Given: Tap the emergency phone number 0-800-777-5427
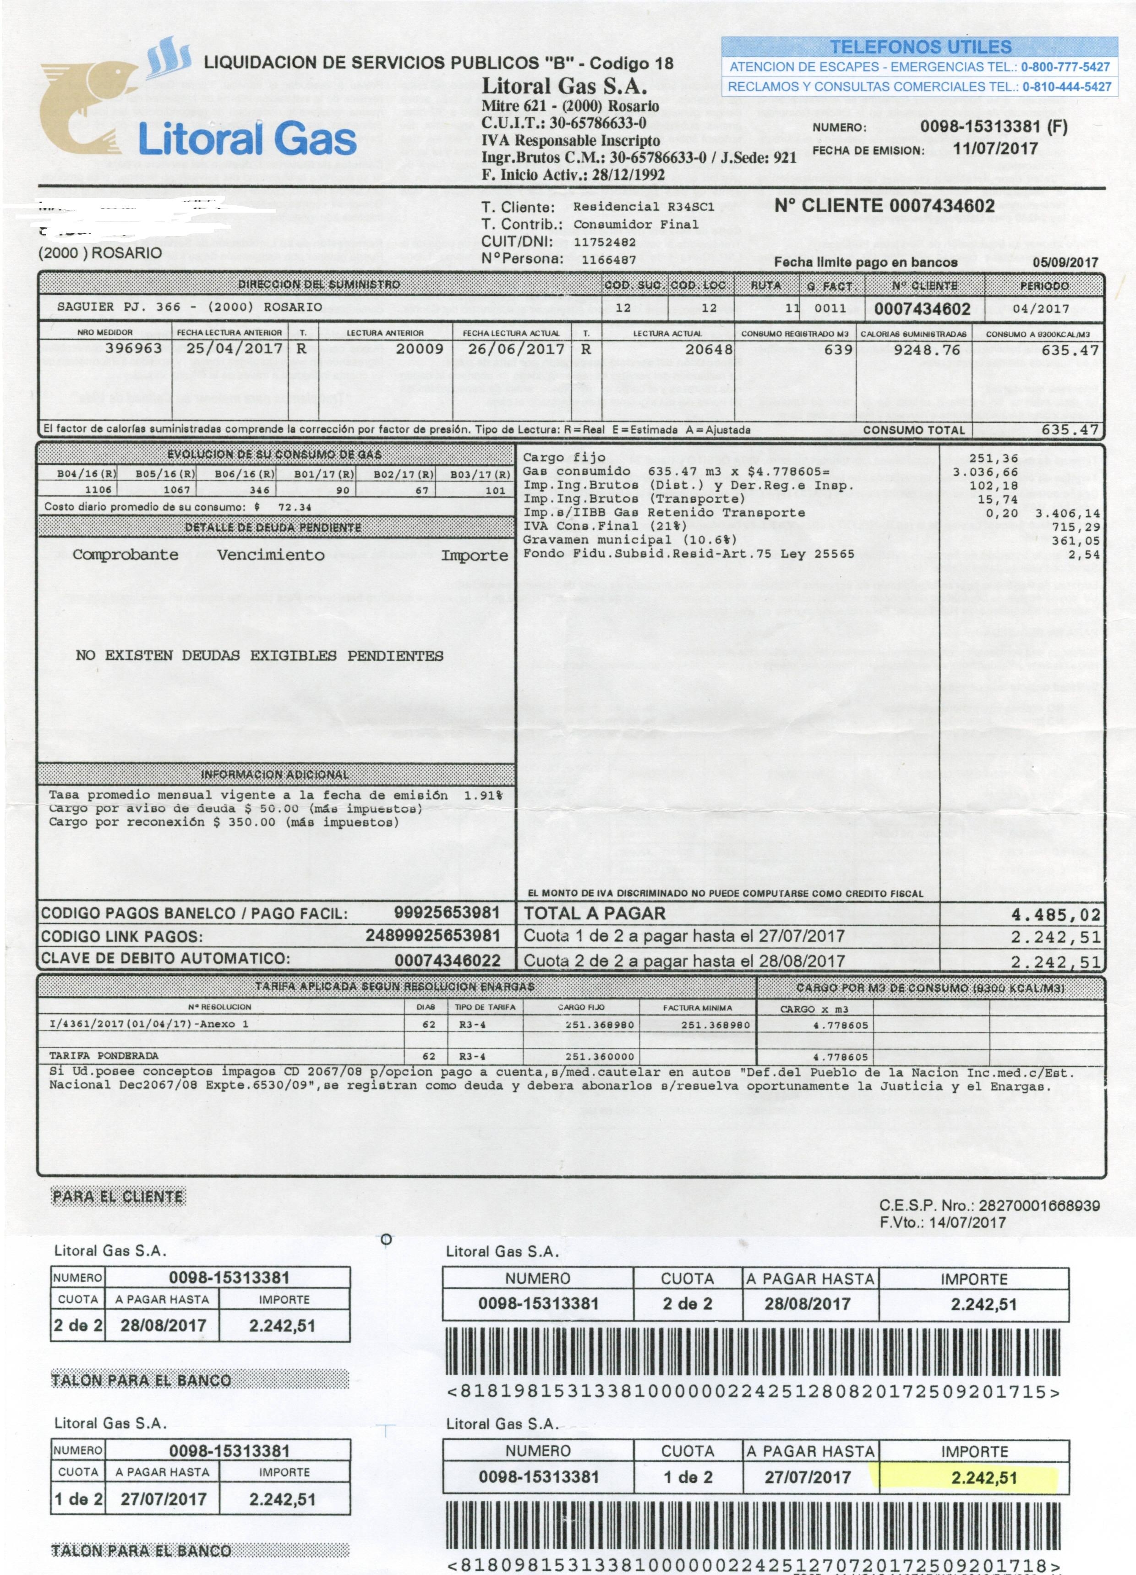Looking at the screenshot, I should [1065, 67].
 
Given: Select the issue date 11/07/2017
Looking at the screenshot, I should [995, 148].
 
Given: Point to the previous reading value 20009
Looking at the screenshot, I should [420, 349].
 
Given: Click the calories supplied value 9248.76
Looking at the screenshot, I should [926, 349].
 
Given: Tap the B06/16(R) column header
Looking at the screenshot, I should [235, 474].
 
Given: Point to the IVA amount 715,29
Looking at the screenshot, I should [1076, 527].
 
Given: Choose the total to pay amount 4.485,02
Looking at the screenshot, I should [1055, 915].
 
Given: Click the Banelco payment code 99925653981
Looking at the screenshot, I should [447, 912].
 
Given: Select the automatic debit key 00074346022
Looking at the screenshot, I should [447, 960].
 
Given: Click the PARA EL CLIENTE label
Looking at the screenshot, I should [118, 1196].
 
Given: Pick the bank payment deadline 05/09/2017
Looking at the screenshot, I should [1065, 263].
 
